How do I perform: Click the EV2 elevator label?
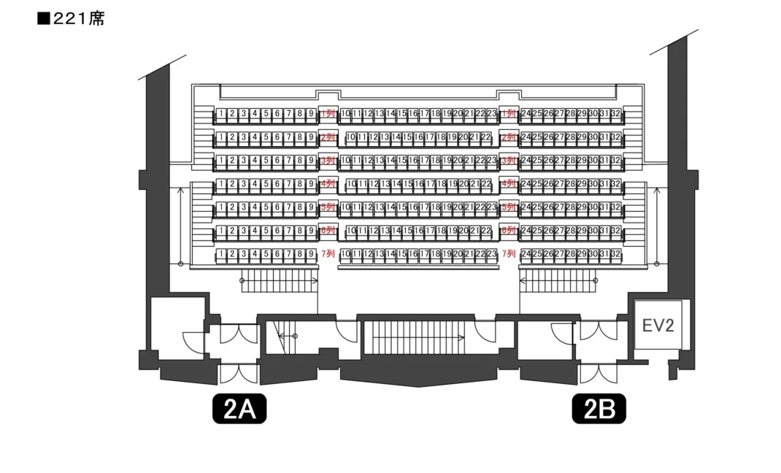point(658,325)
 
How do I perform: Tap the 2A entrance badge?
point(239,409)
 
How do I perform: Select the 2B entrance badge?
point(599,409)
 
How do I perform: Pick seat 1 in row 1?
point(221,114)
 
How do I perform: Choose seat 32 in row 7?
point(615,254)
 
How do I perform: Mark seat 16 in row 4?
point(418,184)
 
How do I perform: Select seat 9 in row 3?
point(310,161)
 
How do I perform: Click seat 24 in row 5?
point(526,207)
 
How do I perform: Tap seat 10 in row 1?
point(346,114)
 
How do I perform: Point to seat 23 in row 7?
point(491,254)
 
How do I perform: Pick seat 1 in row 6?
point(221,231)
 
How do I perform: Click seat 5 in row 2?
point(266,137)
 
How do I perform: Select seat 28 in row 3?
point(570,161)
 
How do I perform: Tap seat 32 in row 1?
point(615,114)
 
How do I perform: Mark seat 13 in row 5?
point(380,207)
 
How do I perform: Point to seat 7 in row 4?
point(288,184)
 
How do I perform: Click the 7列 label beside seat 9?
point(328,254)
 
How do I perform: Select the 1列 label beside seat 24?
point(509,114)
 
